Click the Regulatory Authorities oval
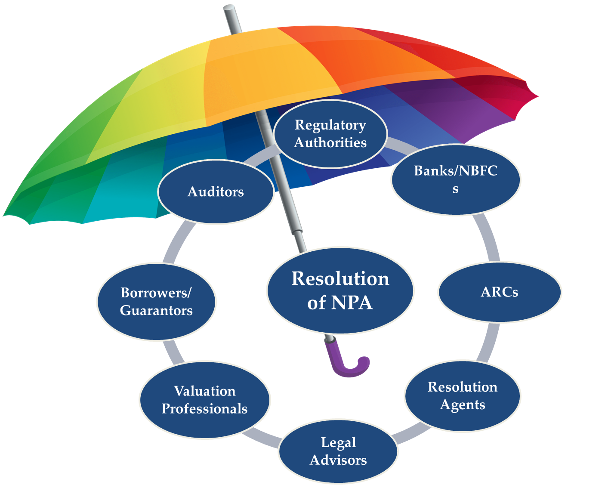point(330,134)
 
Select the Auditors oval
point(216,191)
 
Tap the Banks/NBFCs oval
point(456,179)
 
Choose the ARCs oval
point(500,292)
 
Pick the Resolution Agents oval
point(463,396)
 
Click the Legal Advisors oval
point(338,451)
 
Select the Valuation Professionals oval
point(205,400)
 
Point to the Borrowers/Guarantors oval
point(156,302)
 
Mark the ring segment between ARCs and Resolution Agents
point(489,342)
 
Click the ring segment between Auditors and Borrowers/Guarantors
point(177,241)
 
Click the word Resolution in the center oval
point(340,278)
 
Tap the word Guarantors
point(156,310)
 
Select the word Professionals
point(204,409)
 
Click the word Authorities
point(330,142)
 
